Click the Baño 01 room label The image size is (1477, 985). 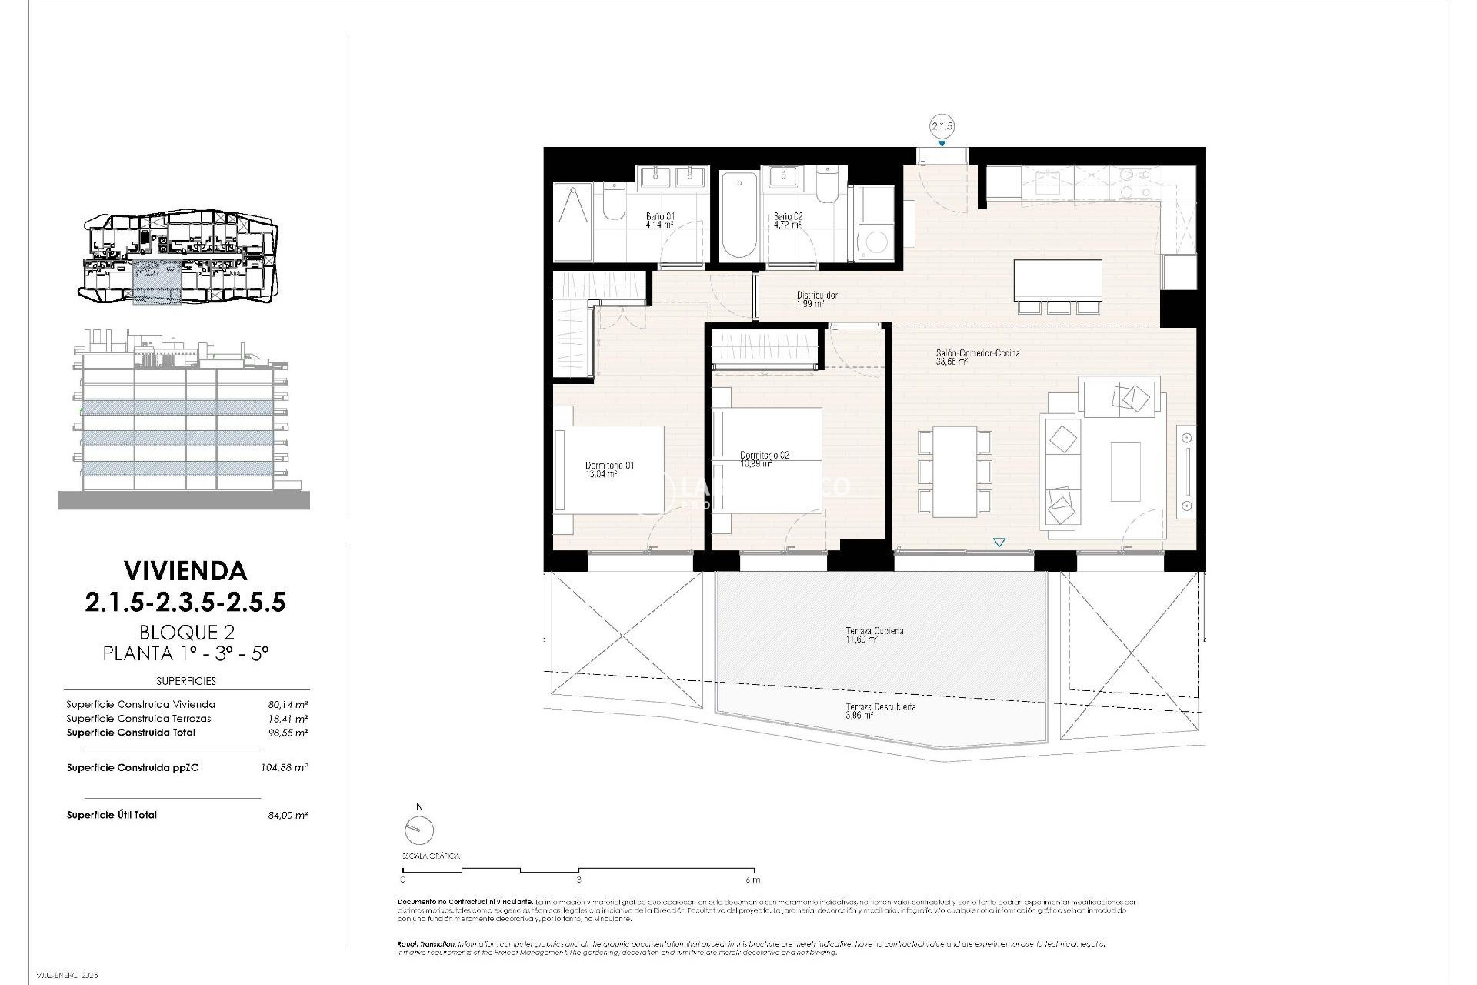pyautogui.click(x=659, y=217)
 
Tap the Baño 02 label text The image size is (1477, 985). pyautogui.click(x=788, y=217)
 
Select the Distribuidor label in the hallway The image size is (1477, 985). pyautogui.click(x=816, y=295)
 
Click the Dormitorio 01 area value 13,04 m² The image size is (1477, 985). pyautogui.click(x=600, y=475)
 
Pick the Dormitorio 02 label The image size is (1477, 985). pyautogui.click(x=764, y=456)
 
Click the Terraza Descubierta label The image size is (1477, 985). pyautogui.click(x=880, y=707)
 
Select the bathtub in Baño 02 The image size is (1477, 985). pyautogui.click(x=739, y=215)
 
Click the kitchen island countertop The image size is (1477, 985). pyautogui.click(x=1057, y=280)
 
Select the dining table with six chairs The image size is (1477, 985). pyautogui.click(x=954, y=470)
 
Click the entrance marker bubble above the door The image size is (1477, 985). pyautogui.click(x=942, y=126)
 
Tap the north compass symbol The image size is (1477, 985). pyautogui.click(x=418, y=830)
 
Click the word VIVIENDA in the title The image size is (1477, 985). pyautogui.click(x=185, y=570)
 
